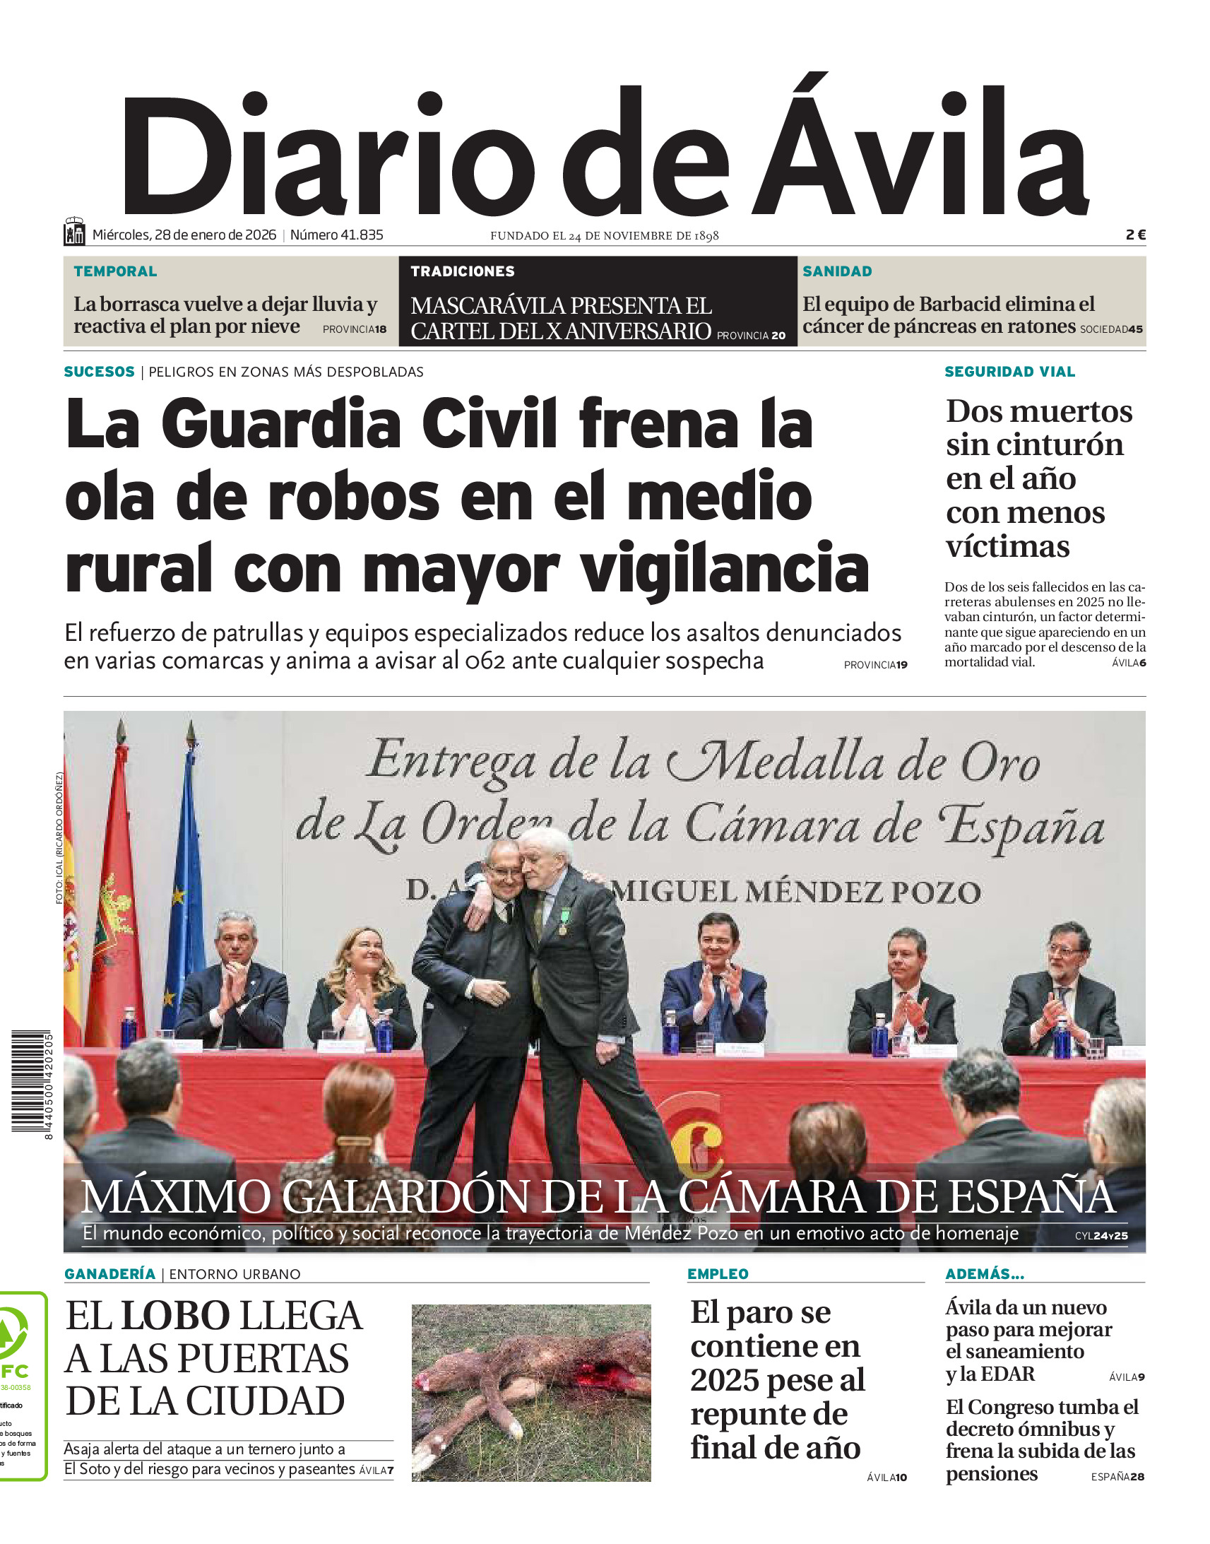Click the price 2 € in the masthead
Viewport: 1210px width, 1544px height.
click(1135, 235)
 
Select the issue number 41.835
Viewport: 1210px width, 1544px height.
click(336, 235)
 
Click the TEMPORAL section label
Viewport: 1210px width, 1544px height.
click(115, 271)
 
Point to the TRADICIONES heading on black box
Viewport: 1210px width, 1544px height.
click(463, 271)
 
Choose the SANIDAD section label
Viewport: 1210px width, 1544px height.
click(836, 271)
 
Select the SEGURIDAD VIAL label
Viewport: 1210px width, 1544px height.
click(1009, 372)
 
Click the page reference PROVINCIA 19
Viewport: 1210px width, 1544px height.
click(875, 665)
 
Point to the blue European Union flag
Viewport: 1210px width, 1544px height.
click(186, 885)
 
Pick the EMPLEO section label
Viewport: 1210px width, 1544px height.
click(718, 1274)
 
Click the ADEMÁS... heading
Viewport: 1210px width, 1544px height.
click(985, 1274)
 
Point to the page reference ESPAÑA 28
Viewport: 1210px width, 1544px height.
click(1117, 1477)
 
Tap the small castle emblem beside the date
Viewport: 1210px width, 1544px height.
click(74, 232)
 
